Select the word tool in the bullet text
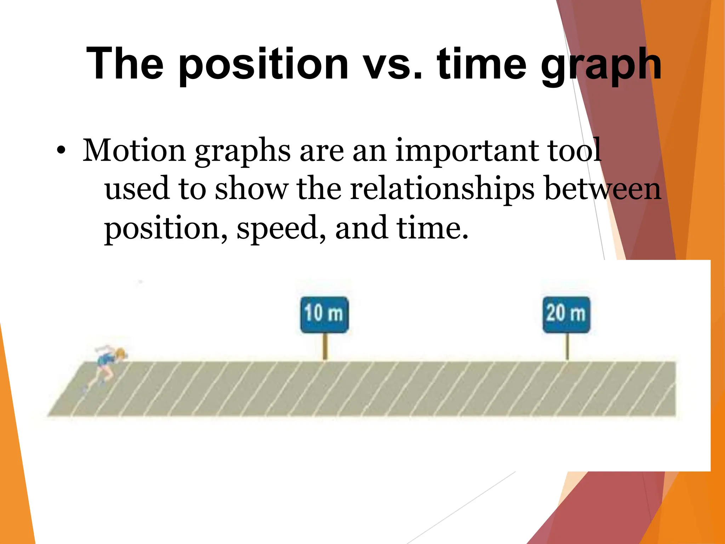coord(573,150)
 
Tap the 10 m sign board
coord(324,314)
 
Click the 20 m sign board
coord(566,314)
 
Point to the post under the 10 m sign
coord(325,347)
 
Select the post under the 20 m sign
coord(567,347)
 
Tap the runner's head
coord(121,353)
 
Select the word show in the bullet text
coord(251,189)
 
